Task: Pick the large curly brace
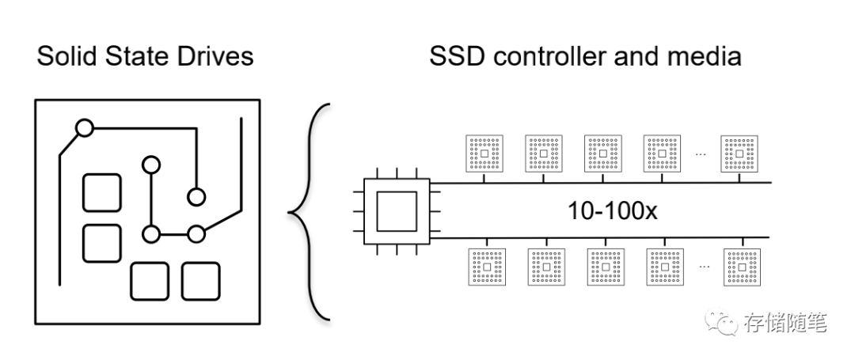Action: point(308,212)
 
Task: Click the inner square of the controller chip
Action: point(393,210)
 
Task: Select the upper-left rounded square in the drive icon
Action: point(102,193)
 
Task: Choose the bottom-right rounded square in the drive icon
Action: point(201,281)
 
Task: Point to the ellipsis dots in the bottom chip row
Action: point(703,267)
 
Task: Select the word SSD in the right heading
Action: point(458,57)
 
